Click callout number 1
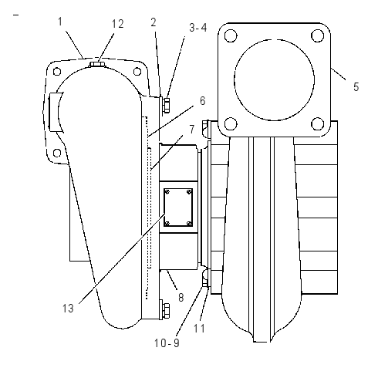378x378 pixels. click(x=60, y=22)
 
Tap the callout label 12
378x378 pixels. click(x=117, y=24)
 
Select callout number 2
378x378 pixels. click(x=154, y=22)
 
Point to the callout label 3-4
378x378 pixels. click(x=198, y=28)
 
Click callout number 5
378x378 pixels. click(x=356, y=87)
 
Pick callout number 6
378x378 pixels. click(x=203, y=101)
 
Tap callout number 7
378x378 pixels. click(x=192, y=129)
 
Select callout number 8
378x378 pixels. click(x=181, y=298)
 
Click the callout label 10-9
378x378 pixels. click(x=167, y=343)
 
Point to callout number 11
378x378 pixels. click(x=199, y=329)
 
